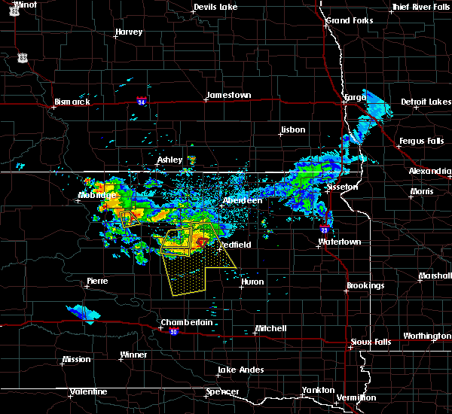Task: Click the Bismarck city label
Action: coord(72,102)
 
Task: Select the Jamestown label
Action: coord(228,95)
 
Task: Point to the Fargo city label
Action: coord(354,98)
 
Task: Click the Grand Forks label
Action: coord(349,20)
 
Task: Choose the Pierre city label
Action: coord(97,281)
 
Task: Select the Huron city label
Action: coord(252,282)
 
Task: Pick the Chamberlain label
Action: coord(182,322)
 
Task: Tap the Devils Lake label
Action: coord(215,8)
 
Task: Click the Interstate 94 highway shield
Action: coord(142,99)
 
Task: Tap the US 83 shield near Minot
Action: coord(23,57)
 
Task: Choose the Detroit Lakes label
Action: coord(424,102)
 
